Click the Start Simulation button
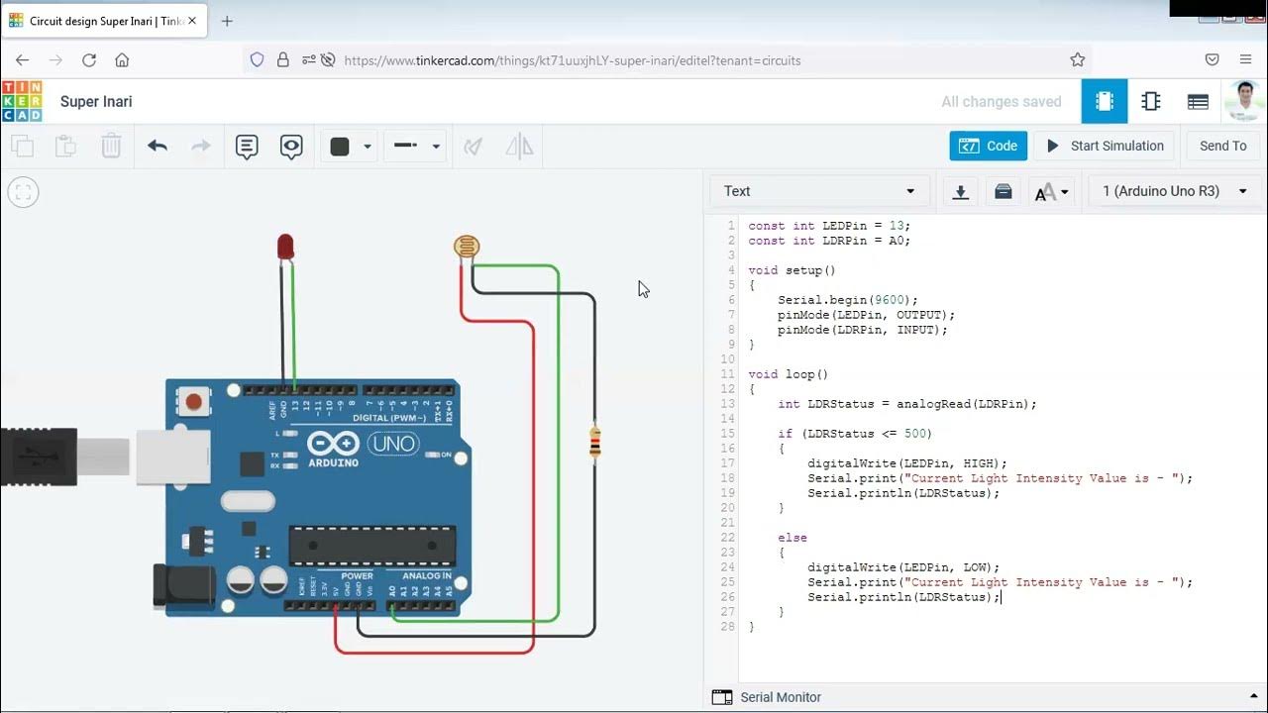pos(1105,146)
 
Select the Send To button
pos(1222,146)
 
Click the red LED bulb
pos(285,246)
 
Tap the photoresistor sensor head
pos(466,247)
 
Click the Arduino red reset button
pos(194,402)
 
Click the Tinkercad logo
pos(22,102)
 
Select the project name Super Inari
pos(96,102)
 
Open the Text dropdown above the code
pos(818,191)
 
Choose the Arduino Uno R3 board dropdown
pos(1175,191)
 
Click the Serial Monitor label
pos(781,697)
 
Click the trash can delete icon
pos(111,147)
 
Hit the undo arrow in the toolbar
pos(157,147)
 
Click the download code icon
pos(960,192)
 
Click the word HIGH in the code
pos(985,463)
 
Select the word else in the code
pos(792,538)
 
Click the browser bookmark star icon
pos(1078,60)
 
